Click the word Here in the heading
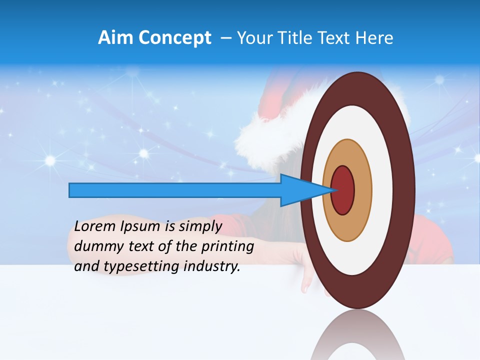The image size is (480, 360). tap(375, 38)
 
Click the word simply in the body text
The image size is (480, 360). tap(200, 226)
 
